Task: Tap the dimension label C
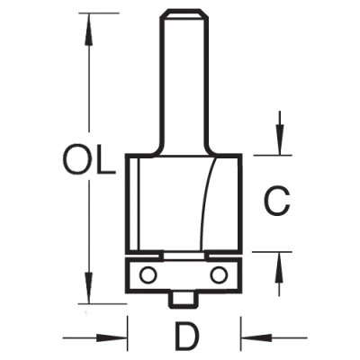276,202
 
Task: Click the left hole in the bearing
148,274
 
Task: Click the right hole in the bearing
219,274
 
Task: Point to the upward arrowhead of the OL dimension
88,29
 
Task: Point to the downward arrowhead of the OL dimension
88,288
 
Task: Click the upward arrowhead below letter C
280,268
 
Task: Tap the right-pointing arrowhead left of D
112,337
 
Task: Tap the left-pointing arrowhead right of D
257,337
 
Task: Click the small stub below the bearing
183,299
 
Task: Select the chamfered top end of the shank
183,15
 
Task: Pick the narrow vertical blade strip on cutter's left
133,204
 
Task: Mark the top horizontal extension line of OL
99,13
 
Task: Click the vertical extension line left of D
128,333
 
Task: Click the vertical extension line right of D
241,333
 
